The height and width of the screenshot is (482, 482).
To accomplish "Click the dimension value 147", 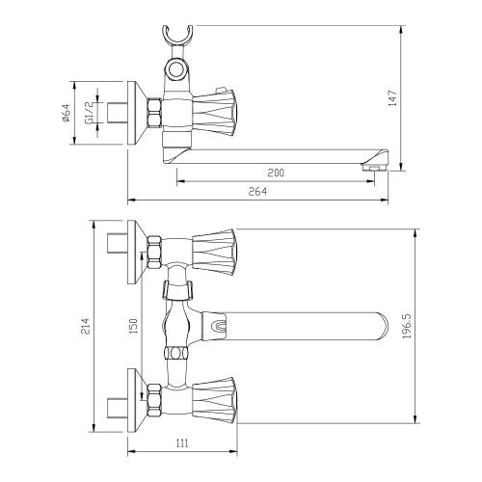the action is point(393,98).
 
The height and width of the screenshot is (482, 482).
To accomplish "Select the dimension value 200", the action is point(276,173).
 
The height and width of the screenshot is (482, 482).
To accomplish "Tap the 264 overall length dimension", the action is point(257,192).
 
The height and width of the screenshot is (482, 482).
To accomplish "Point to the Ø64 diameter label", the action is point(66,113).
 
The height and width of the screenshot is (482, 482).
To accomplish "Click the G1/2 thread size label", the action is point(89,113).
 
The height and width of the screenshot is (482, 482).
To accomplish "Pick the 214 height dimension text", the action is point(84,327).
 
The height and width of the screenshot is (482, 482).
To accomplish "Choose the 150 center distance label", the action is point(133,326).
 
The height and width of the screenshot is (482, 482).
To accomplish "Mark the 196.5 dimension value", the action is point(407,326).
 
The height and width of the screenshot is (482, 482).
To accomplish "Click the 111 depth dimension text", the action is point(182,443).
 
